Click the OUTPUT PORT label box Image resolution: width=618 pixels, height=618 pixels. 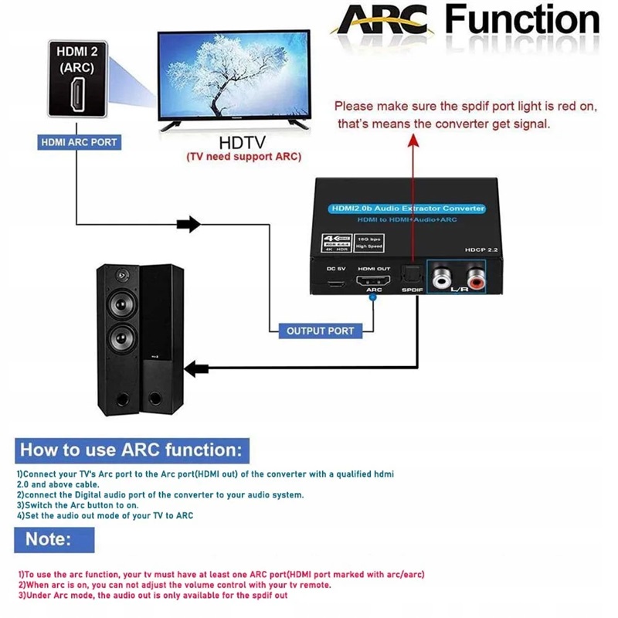point(320,331)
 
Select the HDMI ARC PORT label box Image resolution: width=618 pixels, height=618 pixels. point(79,142)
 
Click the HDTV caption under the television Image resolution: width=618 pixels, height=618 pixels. point(243,143)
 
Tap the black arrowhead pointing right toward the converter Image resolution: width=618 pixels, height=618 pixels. point(188,225)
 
